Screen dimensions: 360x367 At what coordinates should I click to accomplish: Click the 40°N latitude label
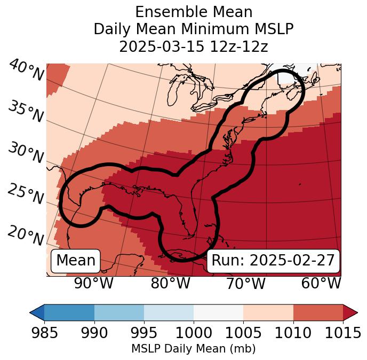[26, 71]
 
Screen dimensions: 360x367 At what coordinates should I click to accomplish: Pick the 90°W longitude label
[94, 284]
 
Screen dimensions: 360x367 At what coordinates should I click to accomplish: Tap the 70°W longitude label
[246, 284]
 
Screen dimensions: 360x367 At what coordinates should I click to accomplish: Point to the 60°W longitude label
[321, 284]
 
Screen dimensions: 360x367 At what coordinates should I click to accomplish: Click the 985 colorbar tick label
[44, 333]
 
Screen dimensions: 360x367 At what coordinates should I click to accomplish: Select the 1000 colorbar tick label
[194, 333]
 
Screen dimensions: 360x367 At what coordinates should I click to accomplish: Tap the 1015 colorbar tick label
[343, 333]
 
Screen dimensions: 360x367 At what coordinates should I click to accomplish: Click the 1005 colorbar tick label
[243, 333]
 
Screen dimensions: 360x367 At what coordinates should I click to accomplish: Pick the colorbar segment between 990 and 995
[119, 312]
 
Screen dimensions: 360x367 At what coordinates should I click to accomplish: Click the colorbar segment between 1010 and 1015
[318, 312]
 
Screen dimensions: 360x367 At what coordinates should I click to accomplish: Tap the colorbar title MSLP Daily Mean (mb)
[193, 349]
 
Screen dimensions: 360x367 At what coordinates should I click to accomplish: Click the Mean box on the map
[76, 261]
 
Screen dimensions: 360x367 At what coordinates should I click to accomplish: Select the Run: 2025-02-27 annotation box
[273, 261]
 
